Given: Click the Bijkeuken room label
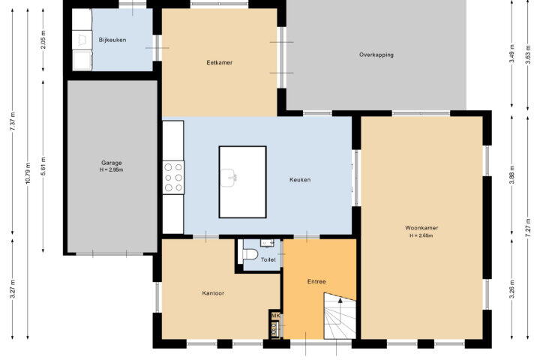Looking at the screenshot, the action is click(112, 40).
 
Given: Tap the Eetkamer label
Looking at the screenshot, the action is click(219, 63).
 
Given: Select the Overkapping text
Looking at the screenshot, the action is click(376, 55).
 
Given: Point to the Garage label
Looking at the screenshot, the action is click(112, 163).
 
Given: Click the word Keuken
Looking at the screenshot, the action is click(300, 180).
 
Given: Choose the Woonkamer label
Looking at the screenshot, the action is click(421, 228).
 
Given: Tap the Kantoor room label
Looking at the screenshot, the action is click(213, 293).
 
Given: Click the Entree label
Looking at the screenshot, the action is click(316, 282).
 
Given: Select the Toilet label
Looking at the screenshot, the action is click(268, 259).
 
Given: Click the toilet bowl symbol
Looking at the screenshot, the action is click(250, 254).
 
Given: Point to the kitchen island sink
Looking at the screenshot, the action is click(229, 178).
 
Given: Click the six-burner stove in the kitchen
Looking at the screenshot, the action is click(173, 178).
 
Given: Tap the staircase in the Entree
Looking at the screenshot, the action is click(340, 316).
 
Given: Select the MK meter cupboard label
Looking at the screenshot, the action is click(276, 316).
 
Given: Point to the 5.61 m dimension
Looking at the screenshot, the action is click(43, 166).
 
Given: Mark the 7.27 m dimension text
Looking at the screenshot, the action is click(527, 228).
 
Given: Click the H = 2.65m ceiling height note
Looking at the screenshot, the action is click(421, 236).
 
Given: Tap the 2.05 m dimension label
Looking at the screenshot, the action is click(43, 40).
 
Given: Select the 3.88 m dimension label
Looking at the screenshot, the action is click(512, 175).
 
